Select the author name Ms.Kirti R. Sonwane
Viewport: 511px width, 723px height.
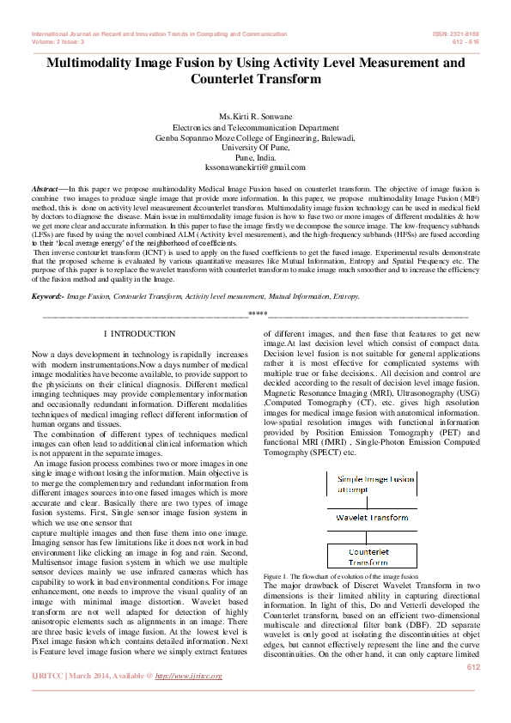(x=255, y=115)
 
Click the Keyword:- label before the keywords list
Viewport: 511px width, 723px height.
(x=49, y=295)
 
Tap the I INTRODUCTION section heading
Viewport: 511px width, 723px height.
(x=139, y=333)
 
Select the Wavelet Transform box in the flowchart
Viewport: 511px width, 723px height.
(x=371, y=518)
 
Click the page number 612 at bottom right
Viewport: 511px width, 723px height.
(x=472, y=667)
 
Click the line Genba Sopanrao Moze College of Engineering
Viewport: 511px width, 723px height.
(x=255, y=137)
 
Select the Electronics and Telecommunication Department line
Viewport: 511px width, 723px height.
(x=255, y=126)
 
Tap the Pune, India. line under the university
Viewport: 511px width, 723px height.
(x=255, y=157)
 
